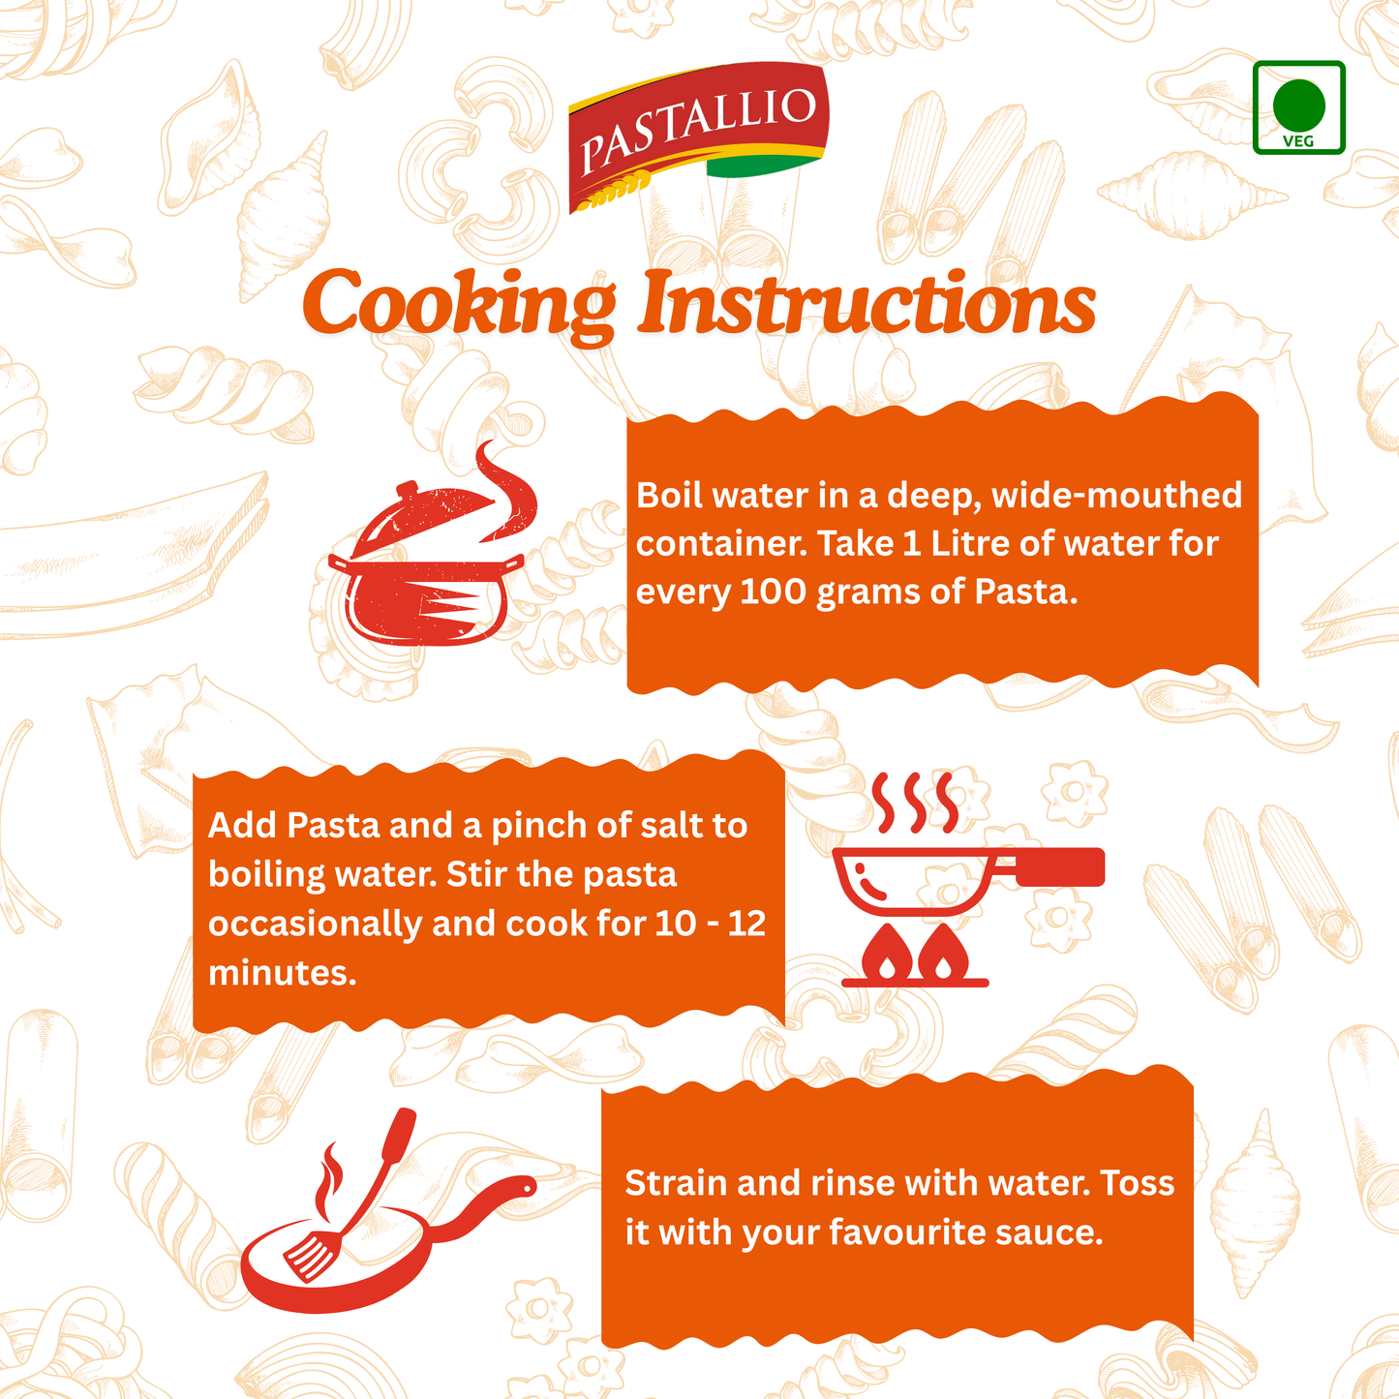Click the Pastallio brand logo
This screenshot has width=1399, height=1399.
pyautogui.click(x=698, y=135)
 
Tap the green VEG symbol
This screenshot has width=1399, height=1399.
pyautogui.click(x=1298, y=107)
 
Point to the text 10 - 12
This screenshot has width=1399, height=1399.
pyautogui.click(x=710, y=923)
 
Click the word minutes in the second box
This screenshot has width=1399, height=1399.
pyautogui.click(x=281, y=972)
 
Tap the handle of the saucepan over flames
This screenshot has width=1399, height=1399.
pyautogui.click(x=1055, y=867)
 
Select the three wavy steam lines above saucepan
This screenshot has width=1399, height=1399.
pyautogui.click(x=915, y=802)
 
